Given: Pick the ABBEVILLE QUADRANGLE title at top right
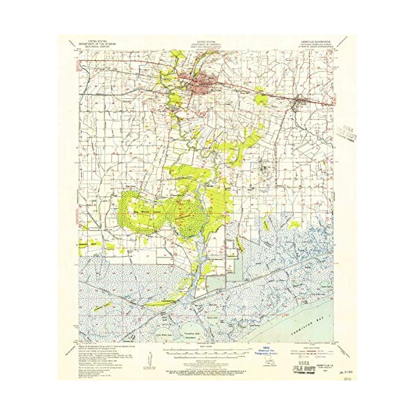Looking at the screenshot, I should (x=319, y=44).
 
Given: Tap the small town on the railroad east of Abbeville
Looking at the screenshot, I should (x=298, y=104).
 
